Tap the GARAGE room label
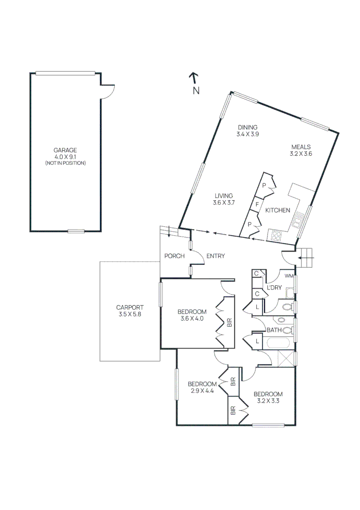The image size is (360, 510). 65,150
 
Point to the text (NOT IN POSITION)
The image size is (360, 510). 65,163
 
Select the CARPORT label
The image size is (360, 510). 129,307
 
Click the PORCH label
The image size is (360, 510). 174,256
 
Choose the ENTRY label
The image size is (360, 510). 215,256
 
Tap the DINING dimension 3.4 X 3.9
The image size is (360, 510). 248,134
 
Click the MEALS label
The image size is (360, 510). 301,146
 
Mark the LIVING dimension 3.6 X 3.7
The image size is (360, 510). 224,203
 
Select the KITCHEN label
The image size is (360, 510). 277,211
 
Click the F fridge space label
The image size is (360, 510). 257,204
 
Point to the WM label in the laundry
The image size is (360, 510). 289,276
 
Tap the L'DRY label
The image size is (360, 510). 274,288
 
